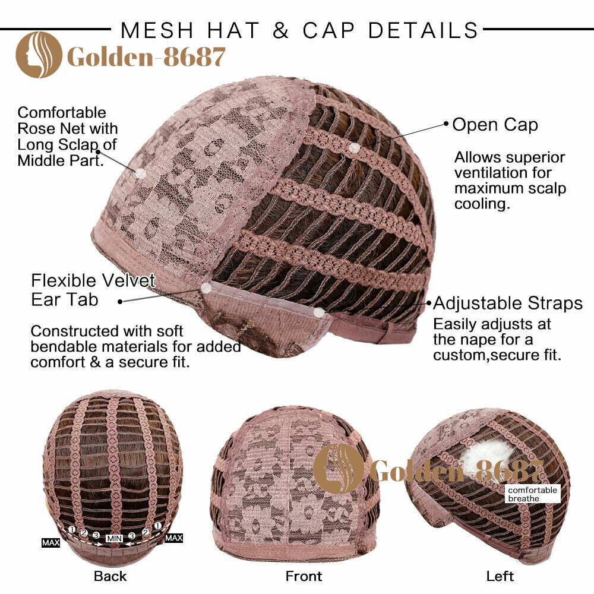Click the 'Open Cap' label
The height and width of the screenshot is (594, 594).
click(x=495, y=125)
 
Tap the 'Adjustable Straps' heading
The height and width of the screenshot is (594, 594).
click(x=508, y=303)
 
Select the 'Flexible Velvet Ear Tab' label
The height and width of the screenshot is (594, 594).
click(x=93, y=290)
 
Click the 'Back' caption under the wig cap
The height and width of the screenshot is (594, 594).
click(x=110, y=576)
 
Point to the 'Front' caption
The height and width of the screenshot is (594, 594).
click(x=304, y=576)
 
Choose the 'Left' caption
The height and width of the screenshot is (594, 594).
click(x=500, y=576)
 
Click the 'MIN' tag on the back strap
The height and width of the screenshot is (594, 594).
click(x=114, y=538)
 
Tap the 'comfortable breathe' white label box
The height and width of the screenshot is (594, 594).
click(x=532, y=494)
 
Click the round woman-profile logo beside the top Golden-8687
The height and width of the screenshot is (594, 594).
click(x=39, y=55)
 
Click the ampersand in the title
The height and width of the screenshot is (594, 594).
click(x=281, y=31)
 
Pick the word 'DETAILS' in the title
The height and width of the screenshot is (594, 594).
click(x=423, y=31)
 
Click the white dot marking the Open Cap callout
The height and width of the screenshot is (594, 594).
click(x=354, y=148)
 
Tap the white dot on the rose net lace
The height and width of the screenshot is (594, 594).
click(x=141, y=173)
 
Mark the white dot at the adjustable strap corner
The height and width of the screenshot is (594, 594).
click(x=320, y=312)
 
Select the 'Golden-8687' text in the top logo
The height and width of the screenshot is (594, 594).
click(x=146, y=57)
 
